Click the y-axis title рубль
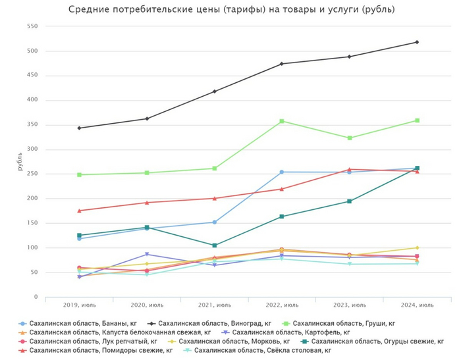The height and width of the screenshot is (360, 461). click(20, 161)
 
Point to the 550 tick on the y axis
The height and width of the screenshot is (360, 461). click(31, 26)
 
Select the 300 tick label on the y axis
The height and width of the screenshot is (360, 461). click(31, 149)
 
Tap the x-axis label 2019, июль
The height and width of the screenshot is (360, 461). click(79, 305)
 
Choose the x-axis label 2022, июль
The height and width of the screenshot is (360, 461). click(282, 305)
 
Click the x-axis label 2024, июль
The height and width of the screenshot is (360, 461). click(417, 305)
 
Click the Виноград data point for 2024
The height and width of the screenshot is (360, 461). click(417, 42)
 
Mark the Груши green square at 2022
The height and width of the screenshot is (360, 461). click(282, 121)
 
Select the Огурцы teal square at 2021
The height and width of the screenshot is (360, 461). click(214, 245)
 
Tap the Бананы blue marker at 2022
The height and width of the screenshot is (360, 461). click(282, 172)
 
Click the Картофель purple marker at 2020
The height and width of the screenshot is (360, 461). click(147, 254)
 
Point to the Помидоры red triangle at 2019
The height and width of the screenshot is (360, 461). click(79, 211)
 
